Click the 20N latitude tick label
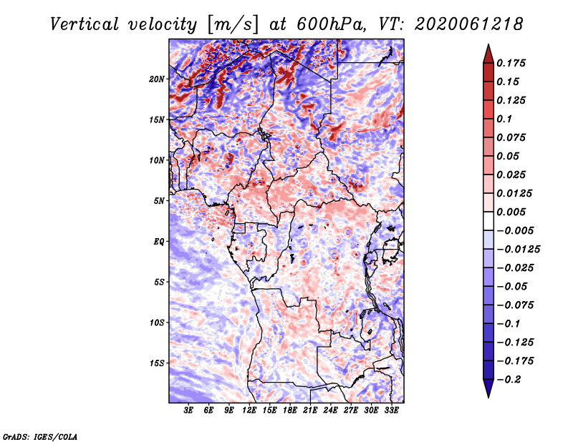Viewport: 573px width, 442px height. coord(156,79)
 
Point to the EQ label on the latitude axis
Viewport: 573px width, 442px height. coord(158,242)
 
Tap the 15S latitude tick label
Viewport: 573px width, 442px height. coord(156,363)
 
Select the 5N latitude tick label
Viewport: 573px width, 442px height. coord(158,201)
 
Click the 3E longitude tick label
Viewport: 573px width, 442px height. coord(188,411)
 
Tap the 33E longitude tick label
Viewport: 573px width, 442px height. coord(391,411)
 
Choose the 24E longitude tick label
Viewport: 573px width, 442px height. coord(330,411)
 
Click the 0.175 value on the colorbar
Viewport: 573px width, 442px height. coord(511,63)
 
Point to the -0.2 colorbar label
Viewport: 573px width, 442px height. coord(509,380)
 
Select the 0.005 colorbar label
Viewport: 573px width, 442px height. coord(511,212)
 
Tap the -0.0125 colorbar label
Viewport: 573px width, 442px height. coord(518,250)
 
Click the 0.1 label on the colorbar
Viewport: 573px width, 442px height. coord(504,119)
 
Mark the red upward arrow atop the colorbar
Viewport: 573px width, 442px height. coord(488,54)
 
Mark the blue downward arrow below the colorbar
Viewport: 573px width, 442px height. coord(488,388)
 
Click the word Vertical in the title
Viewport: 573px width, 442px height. coord(85,24)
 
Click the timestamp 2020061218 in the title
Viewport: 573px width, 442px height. coord(469,24)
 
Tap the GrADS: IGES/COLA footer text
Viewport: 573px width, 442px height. coord(40,436)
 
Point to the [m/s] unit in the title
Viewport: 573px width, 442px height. coord(233,24)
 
